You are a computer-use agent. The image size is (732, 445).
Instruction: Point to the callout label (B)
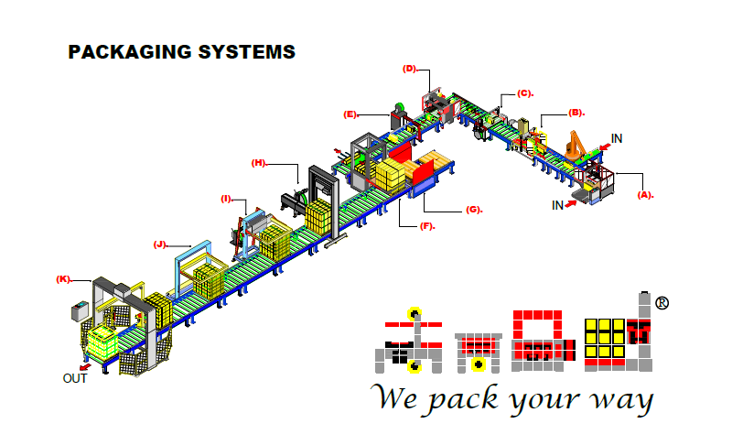point(576,113)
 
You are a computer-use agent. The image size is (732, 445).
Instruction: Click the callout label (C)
point(524,92)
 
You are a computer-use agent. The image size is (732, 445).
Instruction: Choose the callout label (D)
point(410,68)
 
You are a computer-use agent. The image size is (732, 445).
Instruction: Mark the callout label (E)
point(350,114)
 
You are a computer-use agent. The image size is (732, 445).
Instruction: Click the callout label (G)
point(473,210)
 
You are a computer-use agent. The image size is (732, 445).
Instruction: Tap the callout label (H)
point(259,163)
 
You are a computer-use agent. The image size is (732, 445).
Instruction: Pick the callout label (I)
point(226,199)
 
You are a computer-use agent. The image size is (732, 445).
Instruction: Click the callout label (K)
point(63,278)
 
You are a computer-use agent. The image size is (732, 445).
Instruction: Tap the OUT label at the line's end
point(75,378)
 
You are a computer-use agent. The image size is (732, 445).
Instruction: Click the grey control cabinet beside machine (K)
point(80,314)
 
